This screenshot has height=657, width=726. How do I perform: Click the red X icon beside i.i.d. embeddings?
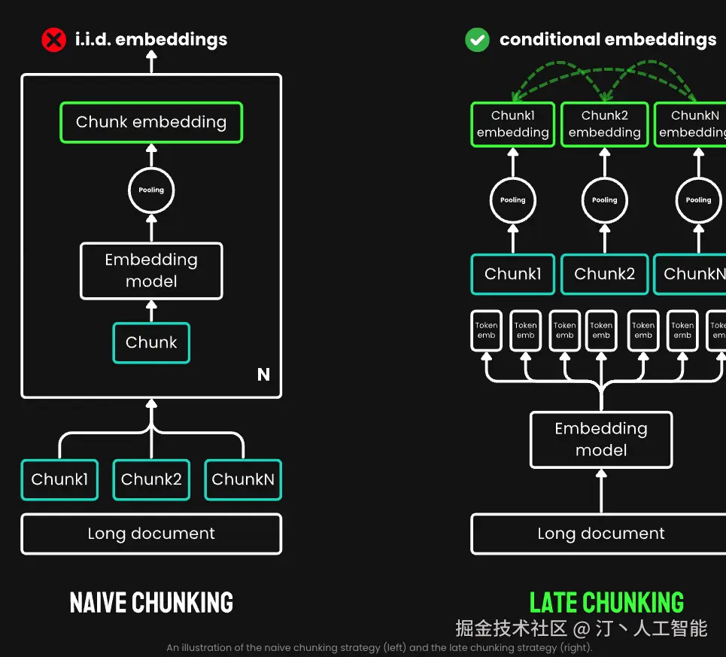[53, 39]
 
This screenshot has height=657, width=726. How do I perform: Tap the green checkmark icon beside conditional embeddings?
[477, 39]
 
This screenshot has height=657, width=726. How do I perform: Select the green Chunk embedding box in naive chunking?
[151, 123]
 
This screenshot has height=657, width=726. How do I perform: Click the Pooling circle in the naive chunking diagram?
[151, 190]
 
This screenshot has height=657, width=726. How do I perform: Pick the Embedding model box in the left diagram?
[151, 271]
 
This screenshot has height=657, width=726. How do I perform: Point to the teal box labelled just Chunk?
[151, 343]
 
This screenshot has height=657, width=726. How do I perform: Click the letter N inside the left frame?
[263, 375]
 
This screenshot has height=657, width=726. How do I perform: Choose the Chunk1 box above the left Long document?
[59, 479]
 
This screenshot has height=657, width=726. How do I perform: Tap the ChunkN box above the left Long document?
[243, 479]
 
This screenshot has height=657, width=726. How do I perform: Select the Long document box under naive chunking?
[151, 534]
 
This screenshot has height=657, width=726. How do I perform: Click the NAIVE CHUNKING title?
[151, 603]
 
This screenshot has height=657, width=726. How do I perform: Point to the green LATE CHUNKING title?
[606, 603]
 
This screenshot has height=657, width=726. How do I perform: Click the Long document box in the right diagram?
[600, 534]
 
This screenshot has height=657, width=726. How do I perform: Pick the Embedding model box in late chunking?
[600, 440]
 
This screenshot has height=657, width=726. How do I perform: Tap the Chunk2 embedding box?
[604, 124]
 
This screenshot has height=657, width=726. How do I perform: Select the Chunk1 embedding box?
[512, 124]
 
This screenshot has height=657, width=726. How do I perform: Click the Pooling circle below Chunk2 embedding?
[604, 200]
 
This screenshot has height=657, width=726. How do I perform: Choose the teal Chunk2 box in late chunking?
[604, 275]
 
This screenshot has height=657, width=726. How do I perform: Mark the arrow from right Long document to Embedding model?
[600, 491]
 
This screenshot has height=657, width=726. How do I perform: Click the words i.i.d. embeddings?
[151, 39]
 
